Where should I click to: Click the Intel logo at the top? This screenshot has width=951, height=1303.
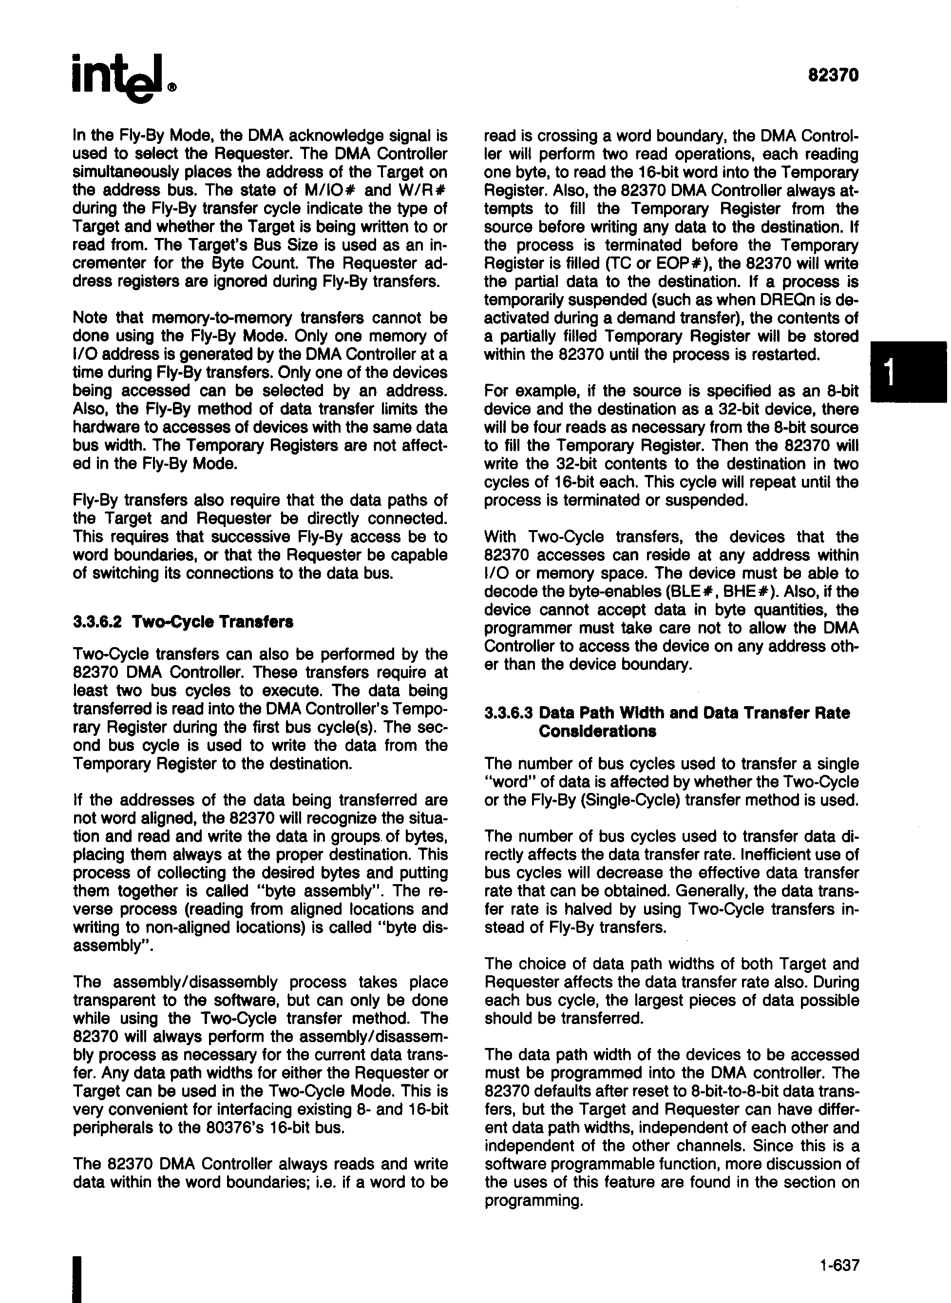pos(123,79)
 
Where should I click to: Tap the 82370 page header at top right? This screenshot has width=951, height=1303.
pos(833,76)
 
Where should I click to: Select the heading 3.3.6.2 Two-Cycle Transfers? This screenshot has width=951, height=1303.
pos(183,623)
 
